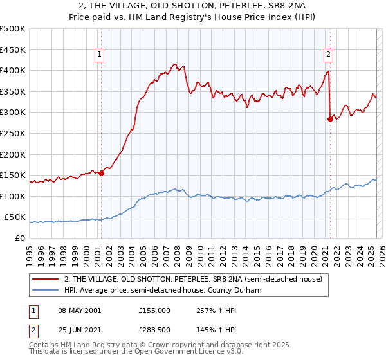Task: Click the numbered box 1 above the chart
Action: point(100,55)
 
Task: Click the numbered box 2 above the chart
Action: point(328,55)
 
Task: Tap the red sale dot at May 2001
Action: point(101,173)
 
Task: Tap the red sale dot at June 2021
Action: point(330,119)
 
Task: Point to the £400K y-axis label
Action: point(13,71)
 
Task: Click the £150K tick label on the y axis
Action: point(13,175)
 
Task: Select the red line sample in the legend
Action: point(46,278)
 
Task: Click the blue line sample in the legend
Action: point(46,290)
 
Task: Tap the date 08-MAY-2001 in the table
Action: point(78,310)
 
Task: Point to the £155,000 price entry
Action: point(154,310)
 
